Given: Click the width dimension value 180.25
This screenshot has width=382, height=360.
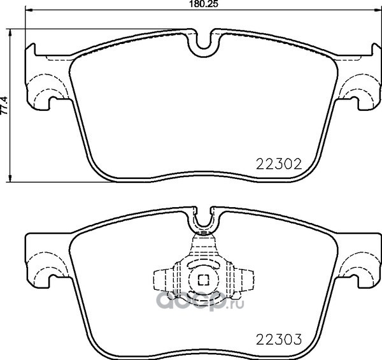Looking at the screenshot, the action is [x=203, y=4].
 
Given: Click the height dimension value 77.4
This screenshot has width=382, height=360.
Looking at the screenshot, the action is [x=4, y=105].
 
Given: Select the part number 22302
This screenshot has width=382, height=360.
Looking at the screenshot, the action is [x=279, y=164].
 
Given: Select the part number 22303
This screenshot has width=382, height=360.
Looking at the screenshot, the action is [x=279, y=339].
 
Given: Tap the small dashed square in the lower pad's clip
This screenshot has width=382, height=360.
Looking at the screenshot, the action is [x=204, y=280].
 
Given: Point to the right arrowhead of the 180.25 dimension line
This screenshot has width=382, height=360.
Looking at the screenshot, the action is [x=377, y=10].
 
